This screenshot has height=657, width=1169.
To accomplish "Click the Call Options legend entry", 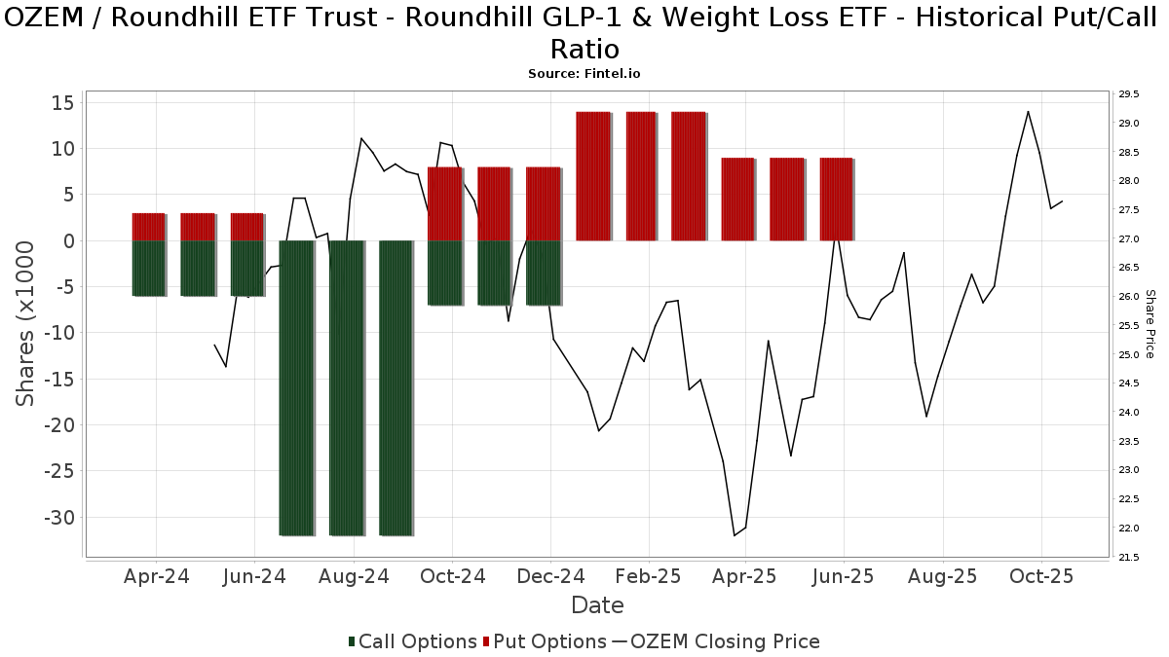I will click(x=413, y=641).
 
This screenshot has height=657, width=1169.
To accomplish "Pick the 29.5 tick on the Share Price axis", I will click(x=1129, y=94).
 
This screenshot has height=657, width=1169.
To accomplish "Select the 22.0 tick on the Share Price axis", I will click(x=1129, y=529).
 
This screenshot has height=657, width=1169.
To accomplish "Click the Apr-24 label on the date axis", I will click(x=157, y=576).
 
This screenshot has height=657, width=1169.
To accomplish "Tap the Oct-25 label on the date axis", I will click(x=1041, y=576).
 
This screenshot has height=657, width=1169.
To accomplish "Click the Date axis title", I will click(x=597, y=605).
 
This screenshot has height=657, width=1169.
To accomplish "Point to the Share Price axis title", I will click(x=1150, y=324).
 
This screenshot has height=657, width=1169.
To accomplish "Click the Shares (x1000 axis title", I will click(x=27, y=324).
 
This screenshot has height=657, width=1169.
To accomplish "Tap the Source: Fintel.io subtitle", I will click(x=584, y=73).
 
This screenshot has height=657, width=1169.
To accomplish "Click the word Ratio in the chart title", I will click(x=584, y=49).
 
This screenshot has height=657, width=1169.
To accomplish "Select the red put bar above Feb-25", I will click(x=641, y=175).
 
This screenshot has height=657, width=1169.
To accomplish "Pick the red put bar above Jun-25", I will click(x=836, y=199).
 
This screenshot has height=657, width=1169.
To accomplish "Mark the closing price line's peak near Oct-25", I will click(x=1028, y=111).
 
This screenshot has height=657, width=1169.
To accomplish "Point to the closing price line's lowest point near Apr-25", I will click(x=735, y=535).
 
